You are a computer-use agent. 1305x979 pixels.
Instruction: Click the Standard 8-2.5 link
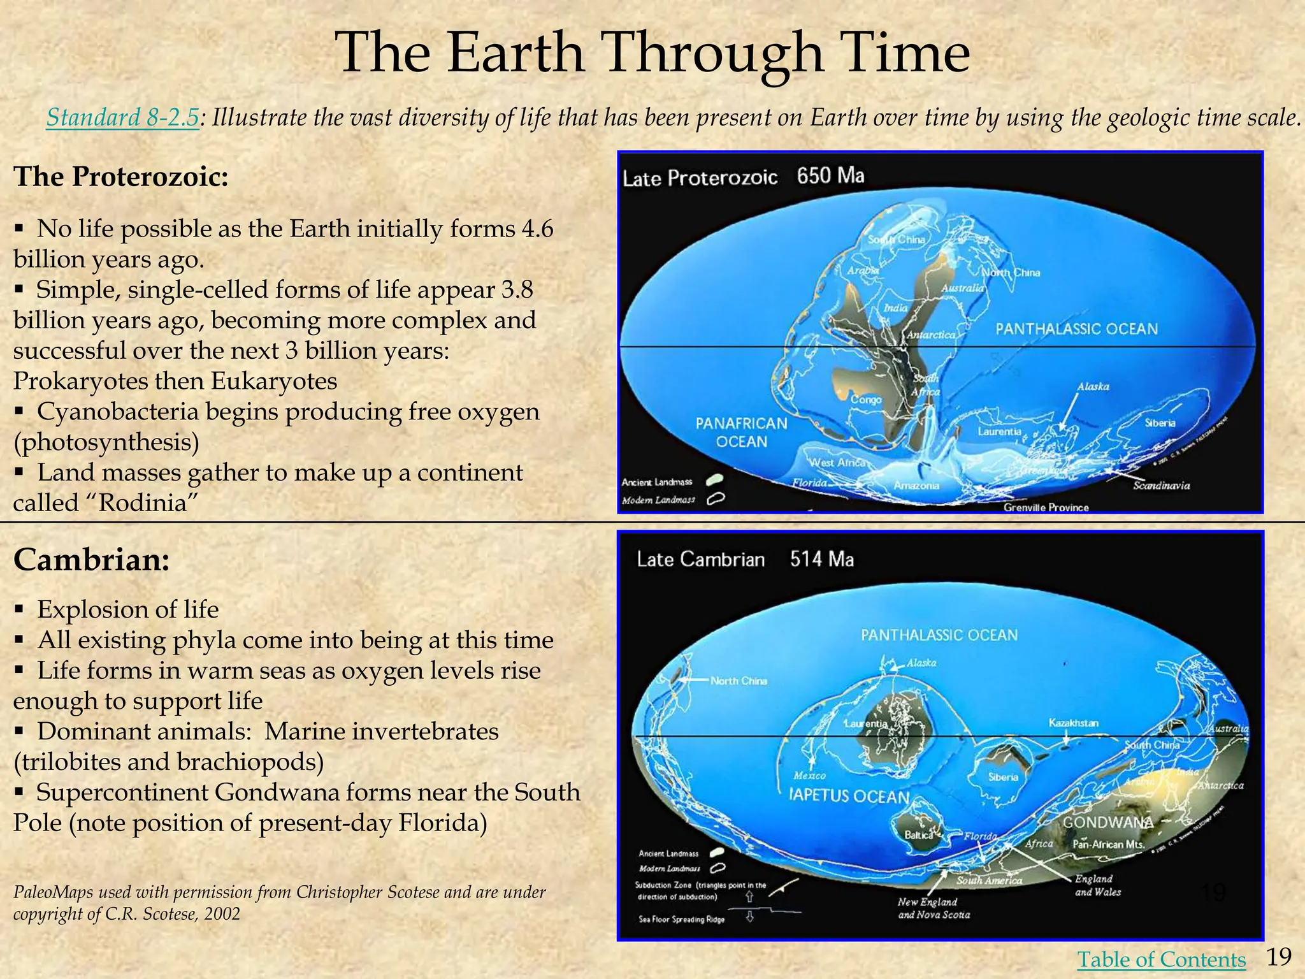click(x=122, y=118)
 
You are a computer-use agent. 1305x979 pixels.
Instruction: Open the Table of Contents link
click(x=1161, y=959)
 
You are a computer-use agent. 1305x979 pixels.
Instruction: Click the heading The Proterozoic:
click(x=120, y=177)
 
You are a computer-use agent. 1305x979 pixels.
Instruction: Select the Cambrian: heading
click(x=92, y=560)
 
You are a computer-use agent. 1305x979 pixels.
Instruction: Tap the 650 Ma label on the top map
click(x=830, y=175)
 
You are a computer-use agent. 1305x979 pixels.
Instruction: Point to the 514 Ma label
click(x=821, y=559)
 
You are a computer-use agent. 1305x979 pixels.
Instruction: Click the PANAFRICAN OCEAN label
click(x=741, y=432)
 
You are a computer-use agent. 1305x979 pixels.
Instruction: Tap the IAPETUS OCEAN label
click(x=849, y=796)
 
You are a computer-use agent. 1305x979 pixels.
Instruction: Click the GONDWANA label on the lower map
click(x=1107, y=822)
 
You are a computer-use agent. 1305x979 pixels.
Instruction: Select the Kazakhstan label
click(x=1073, y=723)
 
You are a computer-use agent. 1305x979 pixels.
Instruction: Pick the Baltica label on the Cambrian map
click(x=918, y=834)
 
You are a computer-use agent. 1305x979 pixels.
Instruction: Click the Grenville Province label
click(x=1046, y=507)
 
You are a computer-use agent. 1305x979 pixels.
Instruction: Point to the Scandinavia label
click(x=1161, y=486)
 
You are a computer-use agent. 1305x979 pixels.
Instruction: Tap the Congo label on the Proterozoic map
click(x=866, y=400)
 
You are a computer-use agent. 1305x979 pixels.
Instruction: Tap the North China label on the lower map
click(x=739, y=681)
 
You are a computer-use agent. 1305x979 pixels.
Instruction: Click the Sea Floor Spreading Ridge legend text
click(x=681, y=919)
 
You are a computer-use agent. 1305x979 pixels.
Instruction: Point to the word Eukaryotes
click(x=274, y=381)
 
